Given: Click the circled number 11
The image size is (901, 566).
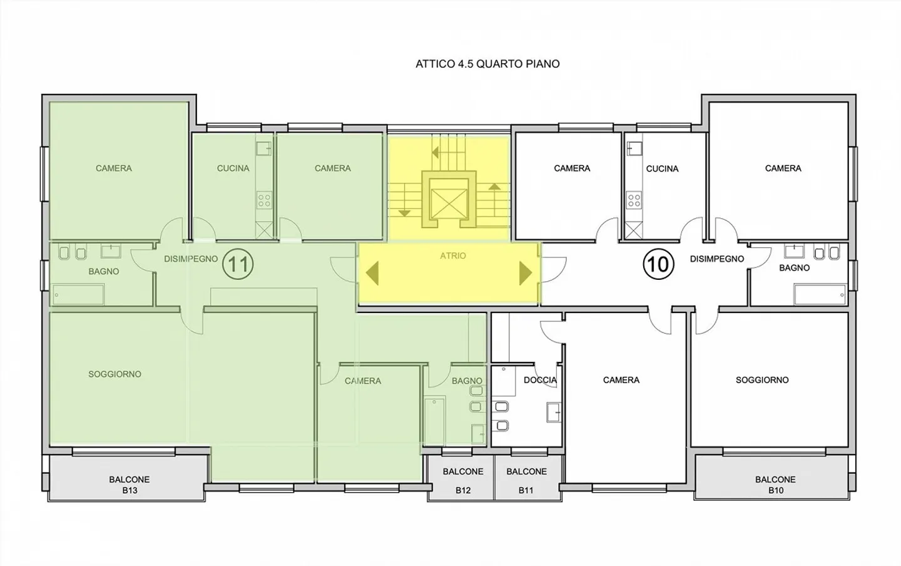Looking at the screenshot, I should (x=238, y=264).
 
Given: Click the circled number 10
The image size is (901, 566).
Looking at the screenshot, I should (x=658, y=264).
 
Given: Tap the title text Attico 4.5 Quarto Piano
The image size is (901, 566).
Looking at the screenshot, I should (x=487, y=64).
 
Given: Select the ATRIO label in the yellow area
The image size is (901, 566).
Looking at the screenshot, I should (x=453, y=255).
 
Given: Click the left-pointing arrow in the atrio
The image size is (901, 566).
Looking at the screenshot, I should (x=372, y=274).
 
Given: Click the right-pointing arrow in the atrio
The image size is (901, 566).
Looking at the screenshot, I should (x=526, y=274).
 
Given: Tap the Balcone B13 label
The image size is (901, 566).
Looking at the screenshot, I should (x=130, y=485).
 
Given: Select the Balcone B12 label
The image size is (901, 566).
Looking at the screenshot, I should (x=463, y=480).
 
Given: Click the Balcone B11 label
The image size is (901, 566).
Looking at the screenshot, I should (x=526, y=480).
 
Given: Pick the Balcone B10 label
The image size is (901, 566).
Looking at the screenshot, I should (x=775, y=485).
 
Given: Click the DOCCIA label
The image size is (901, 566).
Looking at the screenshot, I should (x=540, y=380).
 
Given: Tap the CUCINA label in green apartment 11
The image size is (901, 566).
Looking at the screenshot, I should (x=233, y=168).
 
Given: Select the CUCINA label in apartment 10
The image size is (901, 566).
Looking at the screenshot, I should (x=662, y=168).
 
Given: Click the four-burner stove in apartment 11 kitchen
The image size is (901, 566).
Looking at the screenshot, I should (x=264, y=200).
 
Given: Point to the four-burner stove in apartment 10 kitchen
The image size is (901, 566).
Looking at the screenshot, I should (x=634, y=200).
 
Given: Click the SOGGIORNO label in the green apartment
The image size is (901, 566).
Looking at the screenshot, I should (x=115, y=374).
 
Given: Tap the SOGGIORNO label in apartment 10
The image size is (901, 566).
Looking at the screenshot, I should (x=762, y=380).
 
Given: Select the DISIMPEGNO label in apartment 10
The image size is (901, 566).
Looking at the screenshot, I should (x=717, y=259).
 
